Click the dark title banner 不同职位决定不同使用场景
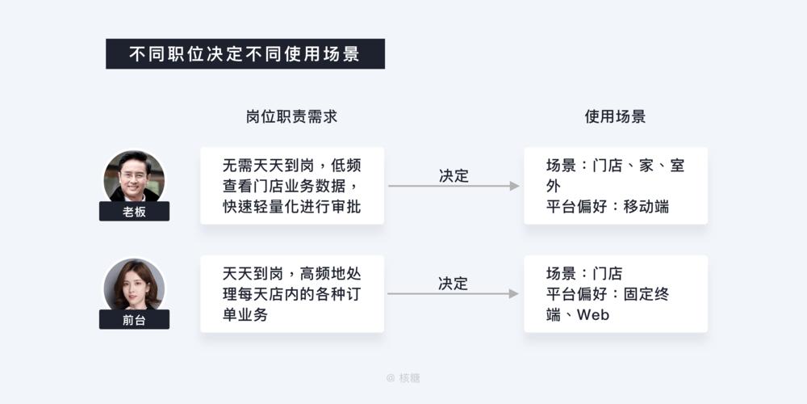coord(245,53)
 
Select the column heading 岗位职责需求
coord(291,116)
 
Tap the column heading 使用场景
coord(615,116)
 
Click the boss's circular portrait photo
coord(134,175)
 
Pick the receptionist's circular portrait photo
coord(134,284)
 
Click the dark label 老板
coord(134,212)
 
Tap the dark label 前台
coord(134,319)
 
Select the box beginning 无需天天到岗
coord(291,186)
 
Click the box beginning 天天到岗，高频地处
coord(291,294)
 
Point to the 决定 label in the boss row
coord(453,175)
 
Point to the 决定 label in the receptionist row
coord(453,284)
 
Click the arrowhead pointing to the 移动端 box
coord(514,186)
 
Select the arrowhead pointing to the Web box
coord(514,294)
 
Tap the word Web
coord(593,315)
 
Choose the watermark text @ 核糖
coord(403,377)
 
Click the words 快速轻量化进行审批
coord(291,207)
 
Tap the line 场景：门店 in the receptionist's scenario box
coord(584,273)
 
